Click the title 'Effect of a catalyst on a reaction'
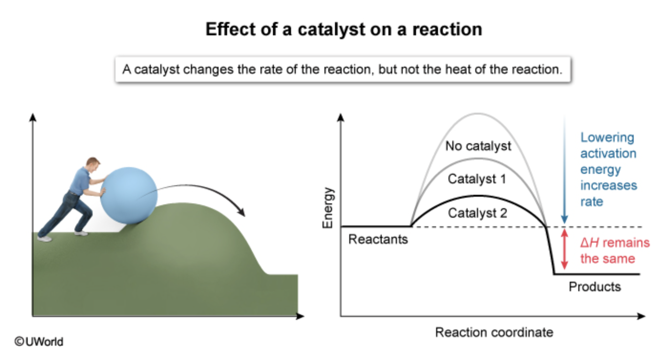(x=344, y=30)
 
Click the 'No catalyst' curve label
(x=478, y=146)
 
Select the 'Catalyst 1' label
(x=477, y=179)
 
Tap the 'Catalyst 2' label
(x=478, y=213)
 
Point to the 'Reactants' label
(x=378, y=239)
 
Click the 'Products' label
(x=595, y=286)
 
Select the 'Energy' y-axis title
(x=327, y=208)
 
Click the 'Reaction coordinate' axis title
(x=494, y=332)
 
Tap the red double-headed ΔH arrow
(x=564, y=249)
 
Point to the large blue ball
(x=129, y=196)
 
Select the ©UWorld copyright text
(x=39, y=341)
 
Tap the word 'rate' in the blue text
(x=592, y=202)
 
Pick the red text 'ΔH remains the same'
(x=615, y=251)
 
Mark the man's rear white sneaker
(x=44, y=239)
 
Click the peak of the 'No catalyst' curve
(x=478, y=114)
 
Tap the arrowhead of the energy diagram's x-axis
(x=641, y=316)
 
